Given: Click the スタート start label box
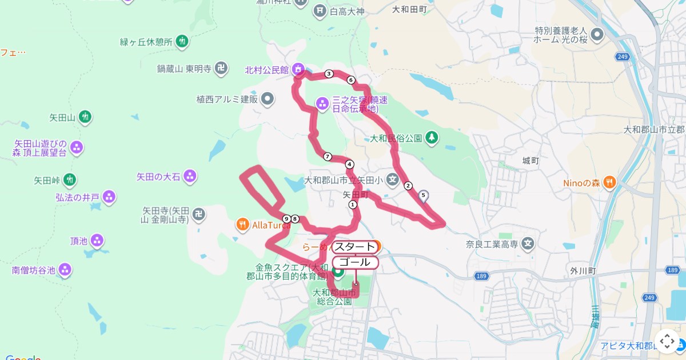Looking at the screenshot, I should click(x=355, y=247).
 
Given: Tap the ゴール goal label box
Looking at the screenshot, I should click(x=355, y=262).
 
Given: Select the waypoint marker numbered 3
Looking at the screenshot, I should click(x=329, y=74).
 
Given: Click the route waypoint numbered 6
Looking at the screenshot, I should click(x=351, y=80).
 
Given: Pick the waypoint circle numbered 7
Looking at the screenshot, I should click(x=328, y=157).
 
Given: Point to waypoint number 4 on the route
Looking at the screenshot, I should click(x=350, y=165).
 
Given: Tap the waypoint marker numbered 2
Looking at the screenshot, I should click(x=408, y=185).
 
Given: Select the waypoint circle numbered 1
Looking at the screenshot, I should click(x=353, y=204).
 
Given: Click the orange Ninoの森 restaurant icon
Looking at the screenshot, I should click(x=610, y=183).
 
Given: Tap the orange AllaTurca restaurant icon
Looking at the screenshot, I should click(x=242, y=225).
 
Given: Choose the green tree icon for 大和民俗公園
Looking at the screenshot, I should click(x=432, y=138).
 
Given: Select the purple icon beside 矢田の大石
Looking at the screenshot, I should click(x=190, y=177).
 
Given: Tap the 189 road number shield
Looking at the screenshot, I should click(x=481, y=277).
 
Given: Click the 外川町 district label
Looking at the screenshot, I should click(x=583, y=270).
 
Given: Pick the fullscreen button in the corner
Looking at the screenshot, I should click(x=667, y=341).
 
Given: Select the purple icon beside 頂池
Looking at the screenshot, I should click(x=97, y=241).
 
